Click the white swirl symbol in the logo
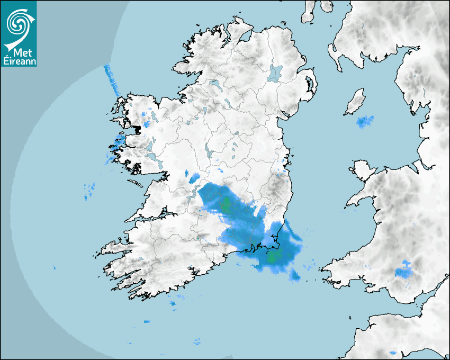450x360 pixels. tap(18, 22)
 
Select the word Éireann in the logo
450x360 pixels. tap(19, 62)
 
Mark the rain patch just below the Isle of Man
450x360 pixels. tap(365, 122)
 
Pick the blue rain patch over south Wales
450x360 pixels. tap(404, 269)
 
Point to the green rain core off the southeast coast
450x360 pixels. tap(274, 258)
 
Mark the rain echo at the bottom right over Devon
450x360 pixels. tap(392, 353)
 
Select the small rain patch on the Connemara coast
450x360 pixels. tap(117, 141)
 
